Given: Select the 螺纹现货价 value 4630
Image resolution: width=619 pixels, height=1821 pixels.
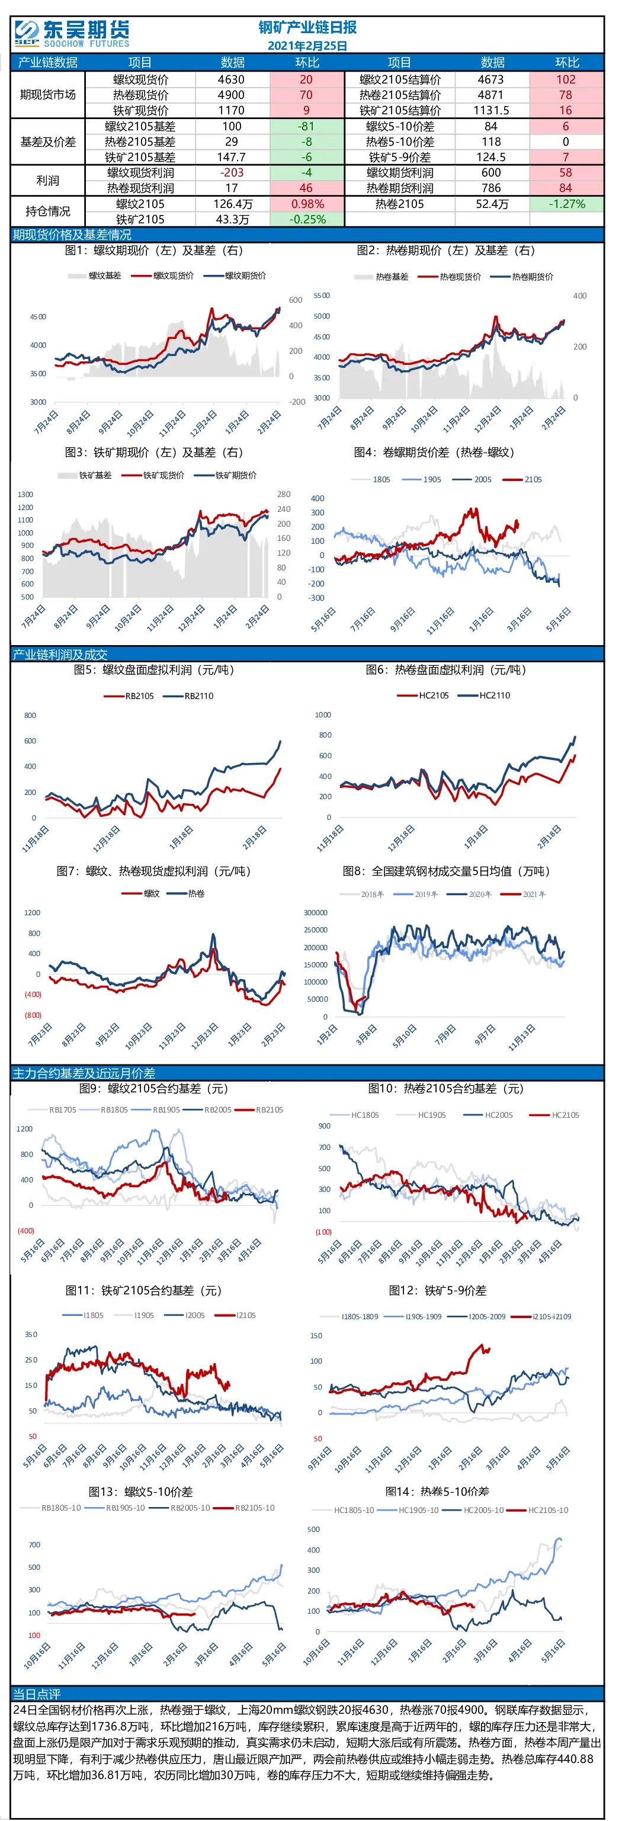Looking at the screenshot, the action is (231, 80).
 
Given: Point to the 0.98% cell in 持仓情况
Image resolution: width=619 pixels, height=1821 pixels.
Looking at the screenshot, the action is (307, 204).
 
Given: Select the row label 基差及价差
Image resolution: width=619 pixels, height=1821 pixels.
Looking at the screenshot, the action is (47, 142).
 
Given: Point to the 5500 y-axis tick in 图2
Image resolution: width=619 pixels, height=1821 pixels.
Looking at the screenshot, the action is (322, 296).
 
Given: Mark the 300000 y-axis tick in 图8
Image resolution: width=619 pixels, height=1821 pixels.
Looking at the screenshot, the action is (316, 913).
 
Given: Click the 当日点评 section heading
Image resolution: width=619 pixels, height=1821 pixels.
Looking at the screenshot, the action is (37, 1694).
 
